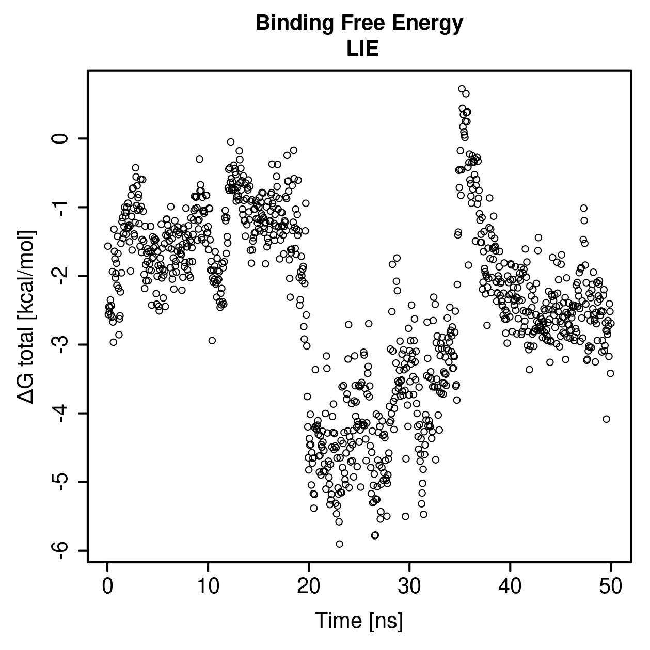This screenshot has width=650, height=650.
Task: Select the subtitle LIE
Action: coord(362,49)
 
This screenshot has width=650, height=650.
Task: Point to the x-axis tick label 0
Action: coord(107,587)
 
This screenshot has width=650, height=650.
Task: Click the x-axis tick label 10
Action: coord(208,587)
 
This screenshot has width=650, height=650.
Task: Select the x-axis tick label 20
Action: coord(308,587)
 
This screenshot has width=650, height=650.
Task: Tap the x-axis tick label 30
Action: coord(409,587)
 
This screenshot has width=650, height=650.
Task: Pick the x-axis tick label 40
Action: coord(510,587)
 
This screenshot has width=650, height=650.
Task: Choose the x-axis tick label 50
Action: coord(610,587)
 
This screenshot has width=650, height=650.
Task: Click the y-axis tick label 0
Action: coord(61,138)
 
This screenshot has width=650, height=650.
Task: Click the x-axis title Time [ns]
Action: coord(359,621)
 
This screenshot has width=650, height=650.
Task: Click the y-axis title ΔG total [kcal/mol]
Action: coord(26,317)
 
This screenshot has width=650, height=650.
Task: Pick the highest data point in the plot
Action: coord(462,89)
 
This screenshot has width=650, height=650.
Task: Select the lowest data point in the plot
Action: coord(339,544)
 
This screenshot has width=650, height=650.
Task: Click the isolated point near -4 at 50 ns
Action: coord(606,419)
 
